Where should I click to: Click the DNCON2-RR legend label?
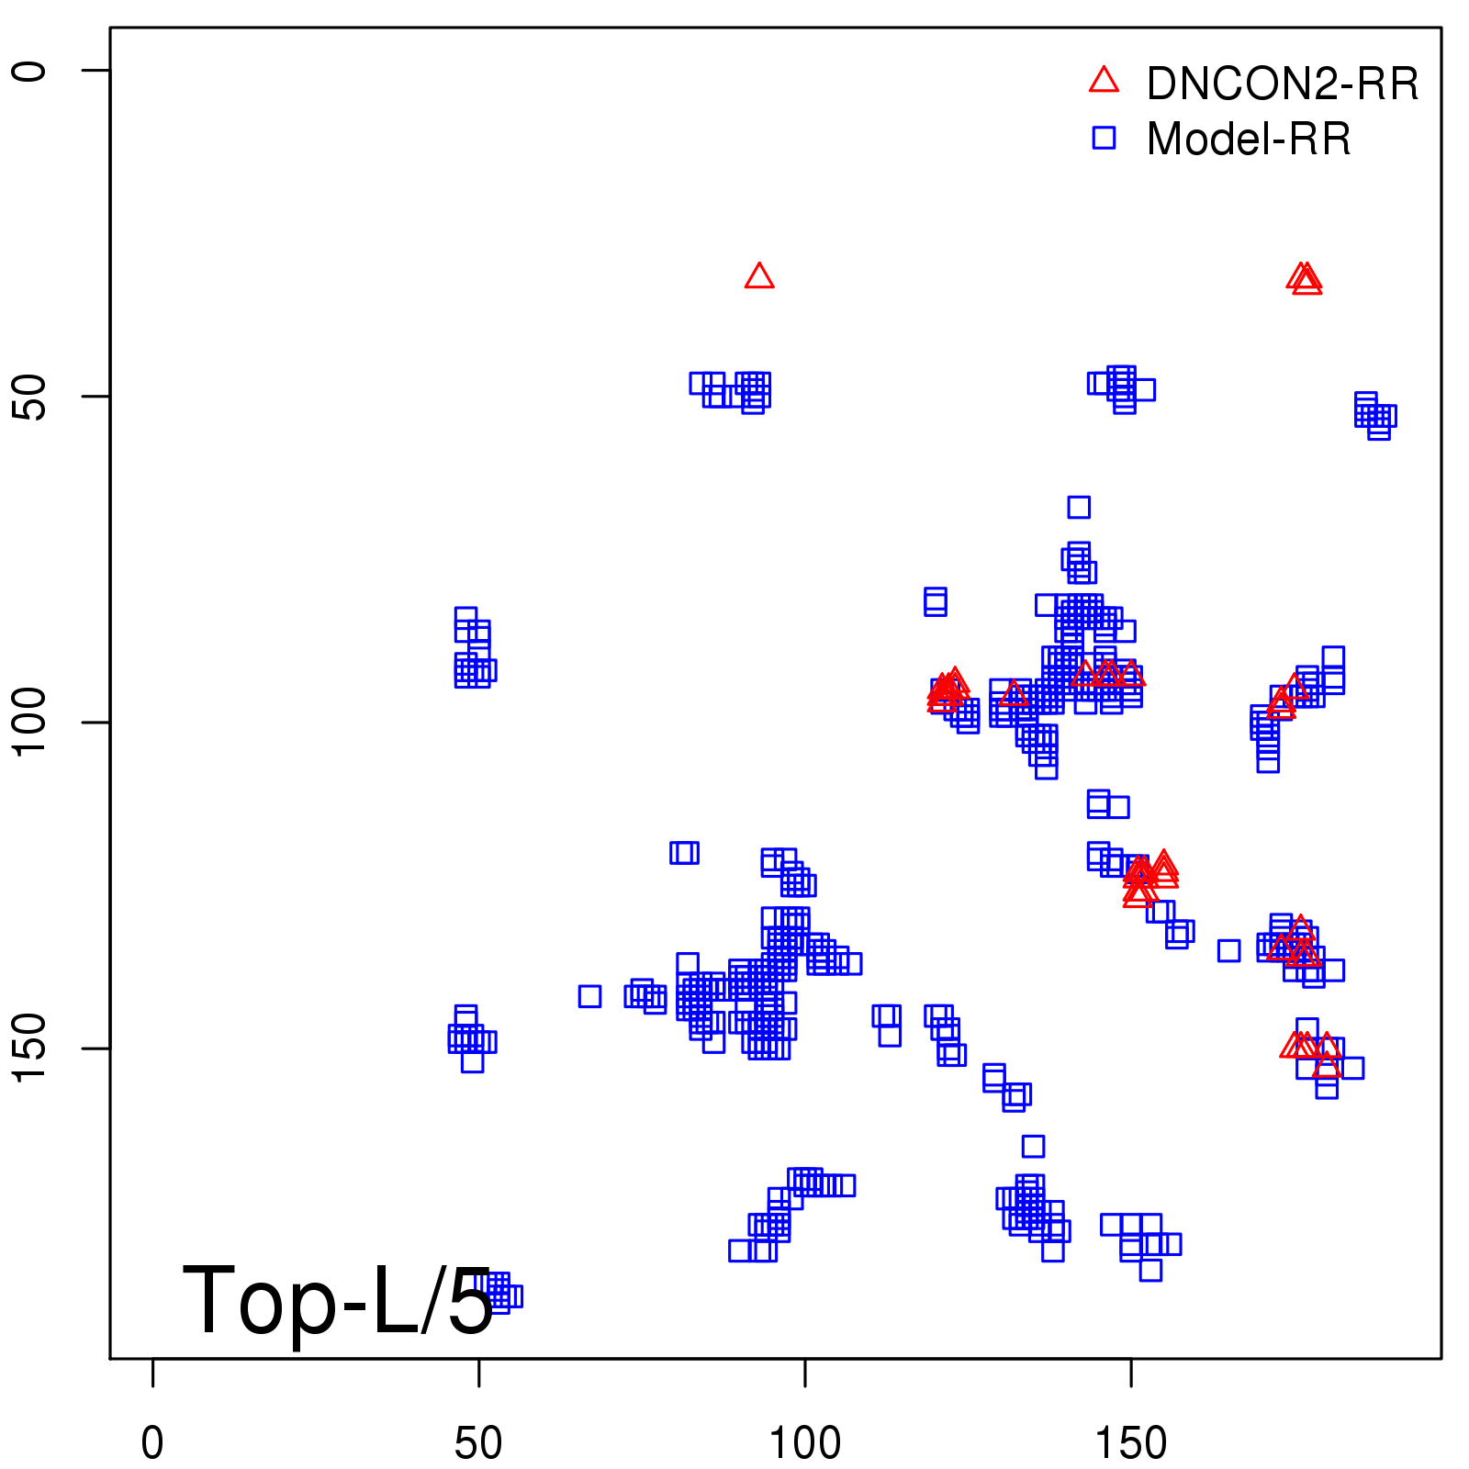tap(1282, 84)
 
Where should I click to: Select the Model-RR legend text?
tap(1249, 140)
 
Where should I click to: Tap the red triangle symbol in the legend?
tap(1104, 81)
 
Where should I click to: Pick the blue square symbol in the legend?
tap(1104, 138)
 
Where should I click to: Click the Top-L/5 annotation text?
tap(338, 1300)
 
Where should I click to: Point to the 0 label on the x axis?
tap(152, 1443)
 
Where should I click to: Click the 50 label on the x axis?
tap(478, 1443)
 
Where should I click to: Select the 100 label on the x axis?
tap(804, 1443)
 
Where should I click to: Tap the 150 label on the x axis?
tap(1131, 1443)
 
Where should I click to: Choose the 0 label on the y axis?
tap(29, 71)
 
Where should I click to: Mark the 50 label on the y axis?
tap(29, 397)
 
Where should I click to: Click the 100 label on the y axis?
tap(29, 723)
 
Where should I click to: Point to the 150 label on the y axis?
tap(29, 1048)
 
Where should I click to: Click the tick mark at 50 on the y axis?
tap(96, 397)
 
